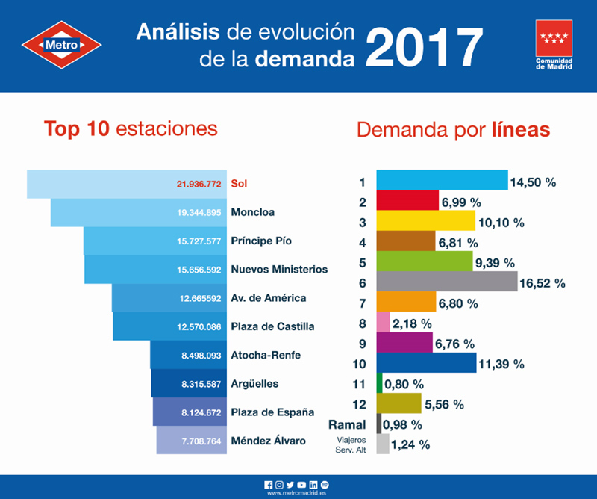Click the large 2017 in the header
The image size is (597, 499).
[x=424, y=46]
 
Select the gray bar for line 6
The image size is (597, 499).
[x=446, y=282]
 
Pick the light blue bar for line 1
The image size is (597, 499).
[x=442, y=181]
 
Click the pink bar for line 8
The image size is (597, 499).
[x=384, y=322]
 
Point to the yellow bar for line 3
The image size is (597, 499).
[x=425, y=221]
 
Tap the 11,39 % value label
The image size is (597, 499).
[x=502, y=364]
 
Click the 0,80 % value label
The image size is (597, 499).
[x=404, y=384]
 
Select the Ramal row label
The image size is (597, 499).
[x=347, y=424]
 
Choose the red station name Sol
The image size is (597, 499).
[x=239, y=182]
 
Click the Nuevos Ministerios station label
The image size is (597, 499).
[x=279, y=269]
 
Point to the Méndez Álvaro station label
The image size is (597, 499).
[x=269, y=441]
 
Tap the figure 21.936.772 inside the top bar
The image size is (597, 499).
[x=199, y=183]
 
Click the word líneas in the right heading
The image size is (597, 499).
[x=521, y=130]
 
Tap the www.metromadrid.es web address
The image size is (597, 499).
[x=298, y=493]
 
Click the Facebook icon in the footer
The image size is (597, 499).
[x=268, y=484]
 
